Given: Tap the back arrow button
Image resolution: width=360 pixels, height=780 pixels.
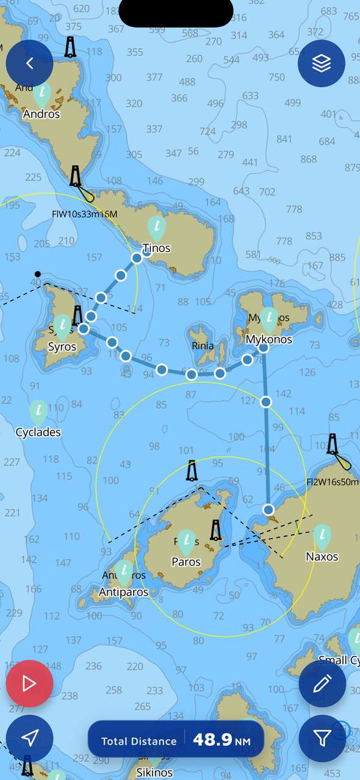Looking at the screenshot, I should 29,63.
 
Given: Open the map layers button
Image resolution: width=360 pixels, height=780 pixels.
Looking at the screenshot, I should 322,63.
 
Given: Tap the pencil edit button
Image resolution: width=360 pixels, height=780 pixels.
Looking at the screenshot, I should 322,684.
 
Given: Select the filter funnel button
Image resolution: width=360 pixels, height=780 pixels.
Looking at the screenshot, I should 322,739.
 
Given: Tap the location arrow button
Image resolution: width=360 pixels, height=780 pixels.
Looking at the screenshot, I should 29,739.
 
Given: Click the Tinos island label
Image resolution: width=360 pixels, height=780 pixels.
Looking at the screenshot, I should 156,248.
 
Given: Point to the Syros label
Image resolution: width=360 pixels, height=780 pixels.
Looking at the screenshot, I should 62,347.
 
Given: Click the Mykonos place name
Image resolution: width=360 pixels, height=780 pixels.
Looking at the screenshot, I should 268,340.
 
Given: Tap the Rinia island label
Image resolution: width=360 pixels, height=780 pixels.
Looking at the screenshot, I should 203,346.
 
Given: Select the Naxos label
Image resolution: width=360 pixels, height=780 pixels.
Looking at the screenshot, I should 322,556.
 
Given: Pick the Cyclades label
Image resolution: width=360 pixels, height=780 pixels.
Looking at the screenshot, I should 38,432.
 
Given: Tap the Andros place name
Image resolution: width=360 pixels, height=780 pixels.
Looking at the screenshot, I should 41,114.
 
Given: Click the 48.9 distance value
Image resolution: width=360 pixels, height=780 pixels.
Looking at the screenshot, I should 212,740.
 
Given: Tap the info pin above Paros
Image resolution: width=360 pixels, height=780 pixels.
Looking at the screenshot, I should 186,540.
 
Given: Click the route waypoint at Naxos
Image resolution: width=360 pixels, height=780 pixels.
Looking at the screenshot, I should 268,509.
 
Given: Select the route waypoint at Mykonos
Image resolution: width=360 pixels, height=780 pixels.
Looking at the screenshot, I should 264,348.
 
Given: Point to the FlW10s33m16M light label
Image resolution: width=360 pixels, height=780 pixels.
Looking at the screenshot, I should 84,214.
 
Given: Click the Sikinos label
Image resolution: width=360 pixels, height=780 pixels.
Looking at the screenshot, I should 154,773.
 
